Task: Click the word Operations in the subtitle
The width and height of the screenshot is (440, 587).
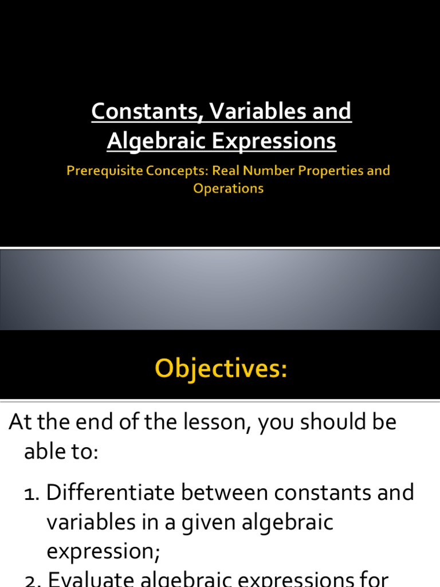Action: [x=228, y=188]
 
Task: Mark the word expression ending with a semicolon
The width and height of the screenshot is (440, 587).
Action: [x=103, y=552]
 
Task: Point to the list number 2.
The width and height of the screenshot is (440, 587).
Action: [x=31, y=580]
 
